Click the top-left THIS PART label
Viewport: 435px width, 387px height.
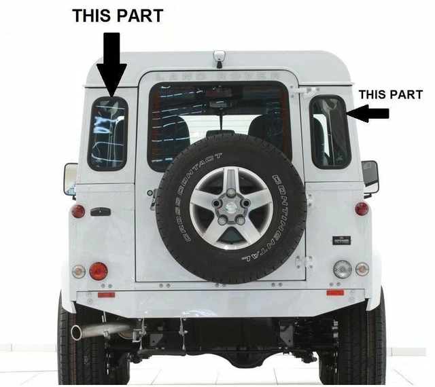tap(118, 16)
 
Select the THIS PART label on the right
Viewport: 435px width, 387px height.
tap(390, 94)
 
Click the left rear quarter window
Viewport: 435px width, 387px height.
tap(107, 134)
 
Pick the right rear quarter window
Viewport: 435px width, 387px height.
tap(330, 132)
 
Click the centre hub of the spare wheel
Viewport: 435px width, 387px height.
tap(230, 208)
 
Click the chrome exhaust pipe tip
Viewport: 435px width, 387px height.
tap(78, 333)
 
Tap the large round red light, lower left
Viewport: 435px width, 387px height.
tap(99, 271)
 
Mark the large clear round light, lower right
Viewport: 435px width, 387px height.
tap(343, 269)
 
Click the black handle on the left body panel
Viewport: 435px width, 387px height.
tap(100, 212)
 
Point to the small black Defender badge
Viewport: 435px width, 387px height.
tap(341, 240)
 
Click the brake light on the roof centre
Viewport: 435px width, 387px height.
tap(218, 58)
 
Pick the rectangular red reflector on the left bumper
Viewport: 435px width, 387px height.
tap(106, 294)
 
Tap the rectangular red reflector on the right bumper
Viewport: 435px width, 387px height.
tap(335, 293)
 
